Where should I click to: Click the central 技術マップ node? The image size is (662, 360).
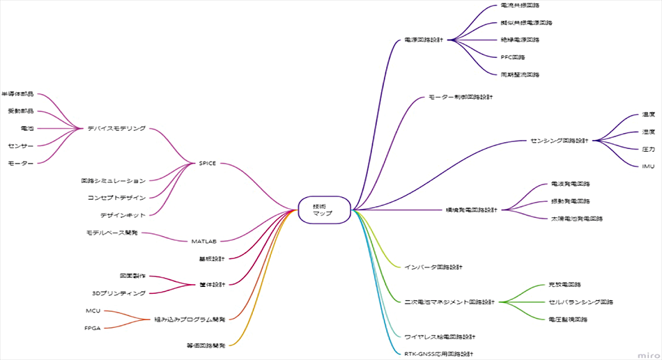(323, 209)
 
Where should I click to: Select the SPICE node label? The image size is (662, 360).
(208, 163)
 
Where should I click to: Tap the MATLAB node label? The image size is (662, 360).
(204, 241)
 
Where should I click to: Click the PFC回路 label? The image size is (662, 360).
(513, 57)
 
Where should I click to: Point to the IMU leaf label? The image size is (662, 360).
(648, 166)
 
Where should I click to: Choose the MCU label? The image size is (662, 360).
(93, 311)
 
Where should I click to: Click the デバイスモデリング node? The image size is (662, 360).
(116, 128)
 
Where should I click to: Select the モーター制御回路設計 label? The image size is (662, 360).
(460, 97)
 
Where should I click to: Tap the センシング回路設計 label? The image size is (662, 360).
(559, 141)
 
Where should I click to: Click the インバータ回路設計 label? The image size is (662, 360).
(433, 267)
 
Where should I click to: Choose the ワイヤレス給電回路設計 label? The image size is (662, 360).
(440, 336)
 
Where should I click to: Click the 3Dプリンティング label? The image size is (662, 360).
(118, 293)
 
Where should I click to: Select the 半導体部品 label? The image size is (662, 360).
(17, 94)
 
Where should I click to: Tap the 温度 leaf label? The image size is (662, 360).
(648, 114)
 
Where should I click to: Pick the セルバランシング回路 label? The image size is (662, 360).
(581, 302)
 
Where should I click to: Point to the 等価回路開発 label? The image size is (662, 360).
(206, 345)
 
